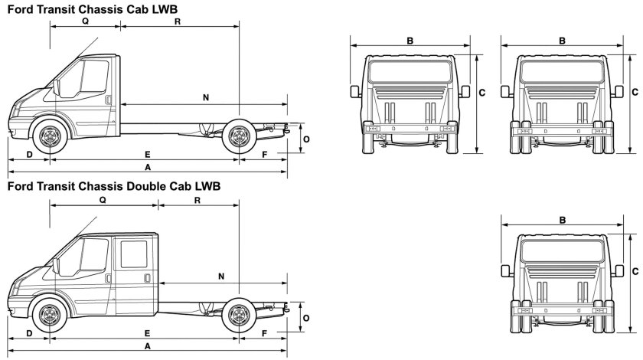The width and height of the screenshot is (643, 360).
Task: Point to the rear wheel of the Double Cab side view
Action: pos(239,315)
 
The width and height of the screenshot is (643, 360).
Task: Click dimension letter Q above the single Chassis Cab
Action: pos(85,21)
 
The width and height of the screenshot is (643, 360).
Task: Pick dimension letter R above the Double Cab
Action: pos(197,201)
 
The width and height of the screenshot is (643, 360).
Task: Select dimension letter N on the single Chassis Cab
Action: pos(206,97)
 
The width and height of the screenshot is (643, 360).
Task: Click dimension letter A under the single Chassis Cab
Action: pos(147,166)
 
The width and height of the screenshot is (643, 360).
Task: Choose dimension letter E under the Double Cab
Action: pos(147,333)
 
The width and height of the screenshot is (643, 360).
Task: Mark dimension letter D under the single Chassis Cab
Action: pos(29,155)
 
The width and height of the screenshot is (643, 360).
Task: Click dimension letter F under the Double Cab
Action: pos(264,333)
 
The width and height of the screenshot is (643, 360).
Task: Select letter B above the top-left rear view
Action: pos(410,41)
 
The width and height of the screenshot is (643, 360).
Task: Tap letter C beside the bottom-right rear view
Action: pos(636,270)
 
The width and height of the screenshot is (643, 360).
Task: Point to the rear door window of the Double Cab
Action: pos(134,254)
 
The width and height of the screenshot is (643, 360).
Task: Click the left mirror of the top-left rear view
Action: pos(355,93)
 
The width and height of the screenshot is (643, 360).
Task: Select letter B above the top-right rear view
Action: pos(563,41)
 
